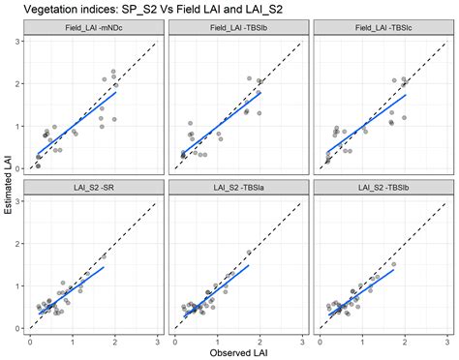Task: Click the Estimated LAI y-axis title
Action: pos(8,184)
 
